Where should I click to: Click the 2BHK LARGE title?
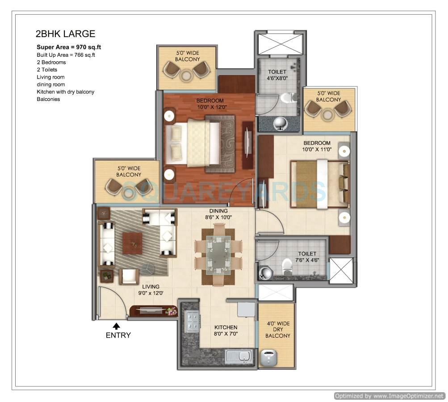(x=65, y=34)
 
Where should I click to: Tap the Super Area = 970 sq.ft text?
(x=71, y=47)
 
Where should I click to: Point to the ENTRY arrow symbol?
(x=117, y=326)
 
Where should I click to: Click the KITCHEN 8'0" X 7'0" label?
(x=225, y=331)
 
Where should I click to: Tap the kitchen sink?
(x=239, y=357)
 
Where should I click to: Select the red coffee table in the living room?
(x=132, y=243)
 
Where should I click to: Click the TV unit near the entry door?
(x=153, y=311)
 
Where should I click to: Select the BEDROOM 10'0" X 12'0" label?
(x=210, y=104)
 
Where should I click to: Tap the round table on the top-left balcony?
(x=187, y=75)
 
